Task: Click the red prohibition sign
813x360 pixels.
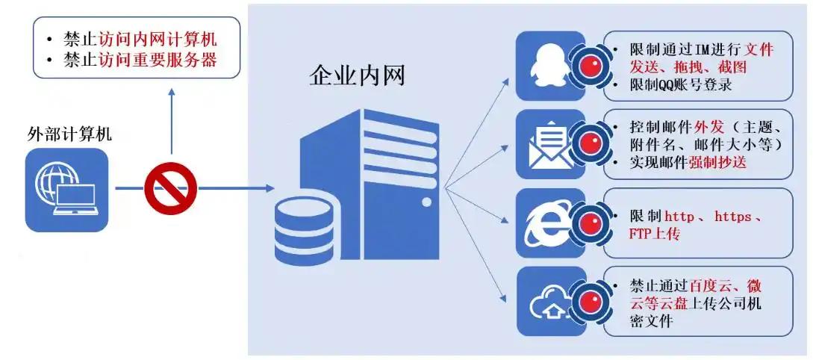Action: pos(170,188)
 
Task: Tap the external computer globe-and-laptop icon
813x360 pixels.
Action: pos(66,189)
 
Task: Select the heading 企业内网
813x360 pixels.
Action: pos(357,75)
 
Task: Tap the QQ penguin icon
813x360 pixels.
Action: pos(550,66)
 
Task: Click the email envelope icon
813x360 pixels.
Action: pos(550,143)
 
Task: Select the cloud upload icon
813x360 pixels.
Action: pos(550,302)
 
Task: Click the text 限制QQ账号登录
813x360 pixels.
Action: pos(682,84)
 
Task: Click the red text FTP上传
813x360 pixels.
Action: pos(655,234)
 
